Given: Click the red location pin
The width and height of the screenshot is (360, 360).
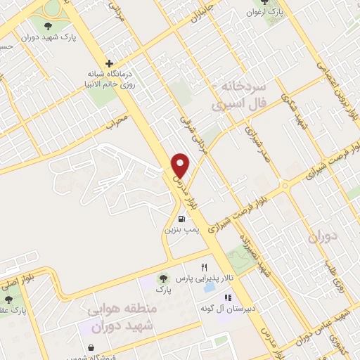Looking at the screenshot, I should tap(181, 165).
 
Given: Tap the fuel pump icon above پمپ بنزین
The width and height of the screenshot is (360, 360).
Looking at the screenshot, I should tap(183, 218).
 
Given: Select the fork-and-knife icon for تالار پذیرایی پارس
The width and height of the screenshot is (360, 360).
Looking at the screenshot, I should tap(204, 267).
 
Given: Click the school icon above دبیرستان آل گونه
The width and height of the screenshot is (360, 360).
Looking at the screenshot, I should tap(208, 297).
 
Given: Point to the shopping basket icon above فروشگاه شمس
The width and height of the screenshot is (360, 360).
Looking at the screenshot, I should tap(91, 347).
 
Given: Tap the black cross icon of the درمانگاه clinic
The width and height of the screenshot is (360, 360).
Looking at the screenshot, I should tap(108, 63).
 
